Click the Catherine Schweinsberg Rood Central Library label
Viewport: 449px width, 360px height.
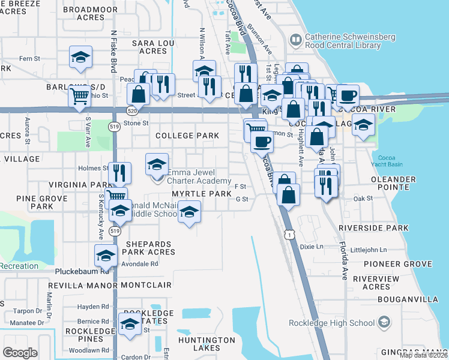(x=350, y=41)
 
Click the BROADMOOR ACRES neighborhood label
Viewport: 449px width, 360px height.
(x=91, y=14)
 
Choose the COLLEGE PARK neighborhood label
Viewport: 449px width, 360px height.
(x=187, y=136)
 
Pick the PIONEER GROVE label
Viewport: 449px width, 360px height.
(x=402, y=264)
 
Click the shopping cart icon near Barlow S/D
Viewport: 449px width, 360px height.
(x=80, y=96)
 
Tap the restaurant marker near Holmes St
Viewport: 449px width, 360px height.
(x=121, y=172)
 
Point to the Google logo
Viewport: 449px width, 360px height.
(x=20, y=353)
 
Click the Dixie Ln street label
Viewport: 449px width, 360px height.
(x=311, y=247)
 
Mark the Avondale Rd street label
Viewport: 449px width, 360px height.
(x=139, y=263)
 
